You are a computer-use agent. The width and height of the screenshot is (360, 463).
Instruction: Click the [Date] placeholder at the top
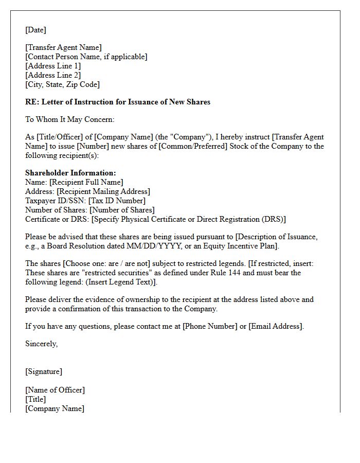tap(35, 30)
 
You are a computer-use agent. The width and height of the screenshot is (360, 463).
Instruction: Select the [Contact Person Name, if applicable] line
tap(86, 57)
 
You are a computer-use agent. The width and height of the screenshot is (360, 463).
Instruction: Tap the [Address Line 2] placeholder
tap(53, 75)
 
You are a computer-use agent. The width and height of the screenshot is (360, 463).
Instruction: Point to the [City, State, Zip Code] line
tap(62, 84)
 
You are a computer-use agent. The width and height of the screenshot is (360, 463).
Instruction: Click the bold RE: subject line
tap(118, 102)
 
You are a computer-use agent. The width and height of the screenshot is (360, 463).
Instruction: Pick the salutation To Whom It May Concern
tap(70, 119)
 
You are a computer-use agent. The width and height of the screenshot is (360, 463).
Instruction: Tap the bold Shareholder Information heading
tap(70, 173)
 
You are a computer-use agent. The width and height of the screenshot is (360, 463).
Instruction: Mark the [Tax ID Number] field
tap(117, 201)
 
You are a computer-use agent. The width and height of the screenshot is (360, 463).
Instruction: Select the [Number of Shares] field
tap(122, 210)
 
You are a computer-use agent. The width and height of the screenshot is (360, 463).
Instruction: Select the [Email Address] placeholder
tap(276, 326)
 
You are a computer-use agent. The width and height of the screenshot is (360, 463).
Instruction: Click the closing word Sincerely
tap(41, 344)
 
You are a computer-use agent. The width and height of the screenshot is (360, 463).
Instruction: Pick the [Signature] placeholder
tap(44, 371)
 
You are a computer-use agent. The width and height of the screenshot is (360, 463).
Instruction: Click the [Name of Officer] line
tap(55, 390)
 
